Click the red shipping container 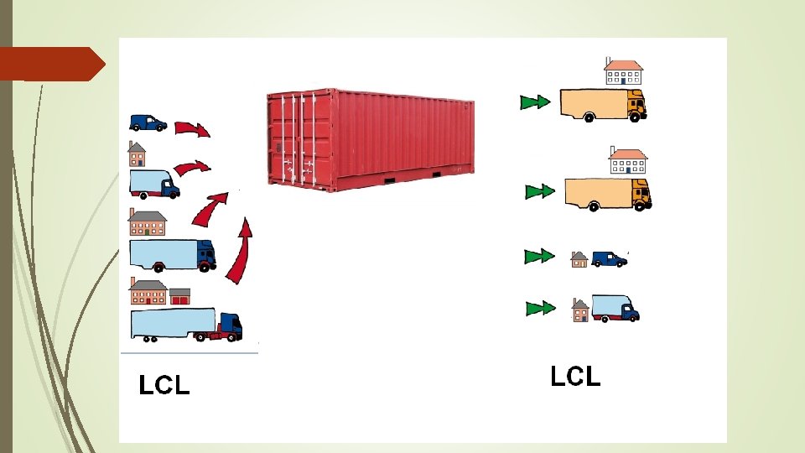(x=370, y=138)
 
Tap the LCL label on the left (x=164, y=385)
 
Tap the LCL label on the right (x=575, y=377)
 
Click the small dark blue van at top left (x=148, y=123)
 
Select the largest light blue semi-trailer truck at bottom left (x=186, y=325)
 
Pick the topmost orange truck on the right (x=602, y=105)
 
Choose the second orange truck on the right (x=607, y=193)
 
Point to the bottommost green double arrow (x=540, y=309)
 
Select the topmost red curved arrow (x=192, y=129)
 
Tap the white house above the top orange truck (x=623, y=72)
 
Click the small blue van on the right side (x=609, y=259)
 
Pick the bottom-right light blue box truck (x=615, y=308)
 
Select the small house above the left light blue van (x=137, y=154)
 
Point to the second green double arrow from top (x=539, y=192)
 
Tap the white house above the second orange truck (x=628, y=160)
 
